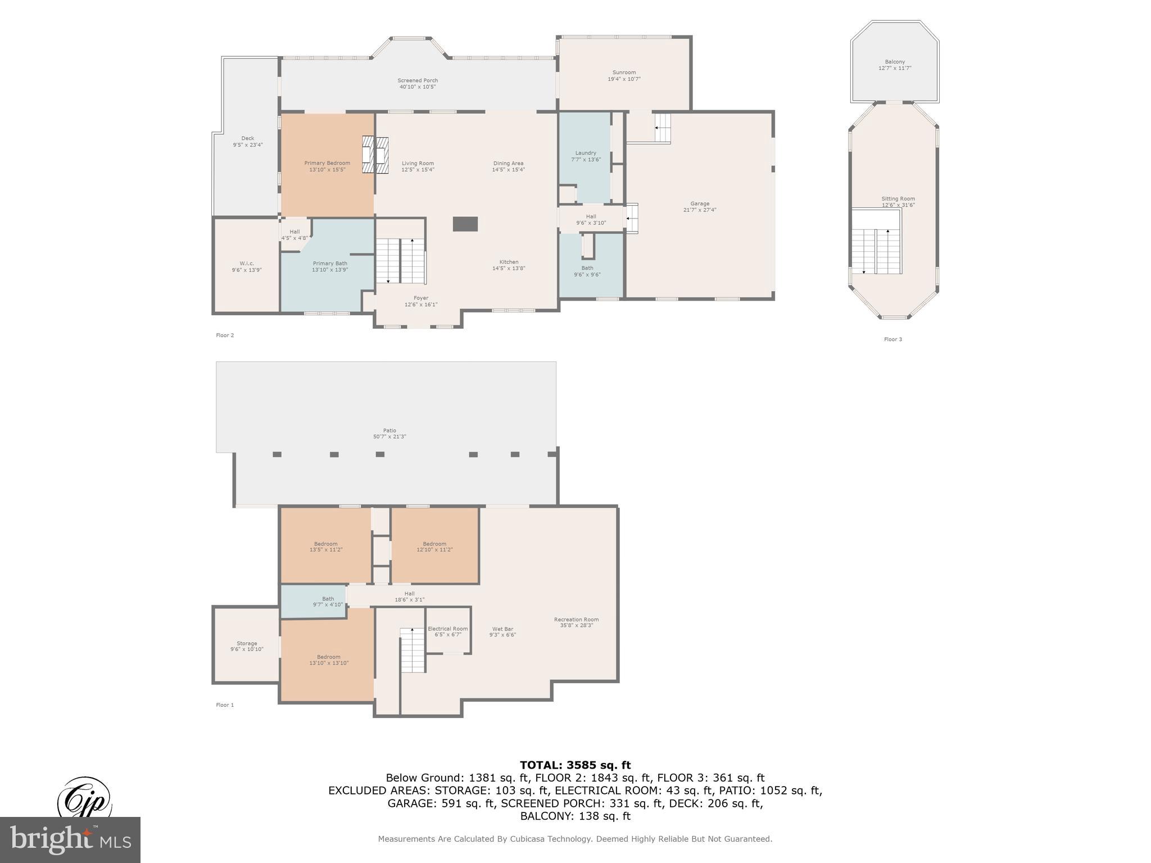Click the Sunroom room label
(624, 75)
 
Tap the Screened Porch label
(418, 84)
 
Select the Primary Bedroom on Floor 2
(327, 166)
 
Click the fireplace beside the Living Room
(375, 155)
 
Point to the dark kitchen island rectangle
(465, 224)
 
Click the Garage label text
(700, 204)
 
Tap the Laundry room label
(585, 156)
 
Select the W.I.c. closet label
(247, 266)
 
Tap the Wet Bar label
(502, 632)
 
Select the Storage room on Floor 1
(247, 646)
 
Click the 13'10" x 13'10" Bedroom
(328, 660)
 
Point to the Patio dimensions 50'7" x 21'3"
(389, 437)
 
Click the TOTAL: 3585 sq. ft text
(575, 765)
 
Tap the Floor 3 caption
(892, 339)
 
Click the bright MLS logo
(70, 839)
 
